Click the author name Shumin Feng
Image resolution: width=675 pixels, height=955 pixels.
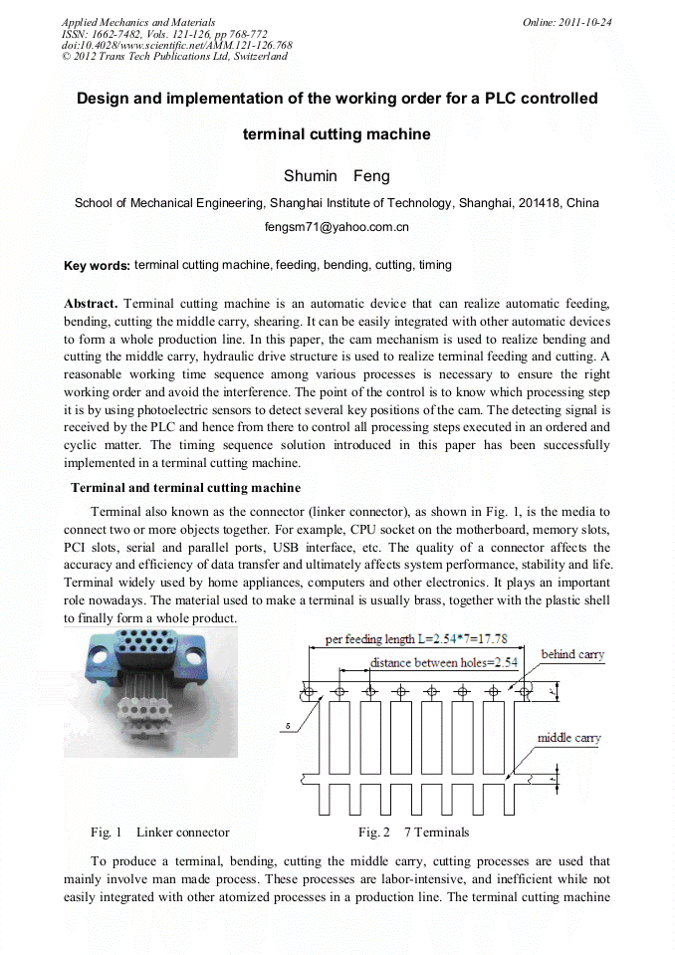coord(337,176)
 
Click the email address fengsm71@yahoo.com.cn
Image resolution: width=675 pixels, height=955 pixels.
coord(337,227)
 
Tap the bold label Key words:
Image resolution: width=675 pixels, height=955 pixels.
coord(97,266)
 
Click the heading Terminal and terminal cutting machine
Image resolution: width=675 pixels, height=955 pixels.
coord(185,488)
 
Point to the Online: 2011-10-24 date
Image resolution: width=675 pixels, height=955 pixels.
coord(566,22)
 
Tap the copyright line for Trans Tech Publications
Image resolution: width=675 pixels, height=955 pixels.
coord(174,56)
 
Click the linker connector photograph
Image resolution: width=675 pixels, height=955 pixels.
coord(150,691)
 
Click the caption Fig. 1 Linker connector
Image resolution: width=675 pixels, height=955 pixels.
coord(159,833)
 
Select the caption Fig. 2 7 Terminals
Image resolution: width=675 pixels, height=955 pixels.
coord(413,833)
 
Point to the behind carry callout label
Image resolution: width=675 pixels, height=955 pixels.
coord(572,654)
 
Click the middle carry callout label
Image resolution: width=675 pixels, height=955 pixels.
coord(569,738)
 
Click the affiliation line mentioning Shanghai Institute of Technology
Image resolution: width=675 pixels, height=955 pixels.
coord(337,203)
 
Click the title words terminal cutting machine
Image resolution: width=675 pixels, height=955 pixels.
coord(337,134)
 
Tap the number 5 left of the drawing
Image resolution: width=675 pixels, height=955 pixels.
coord(288,727)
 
